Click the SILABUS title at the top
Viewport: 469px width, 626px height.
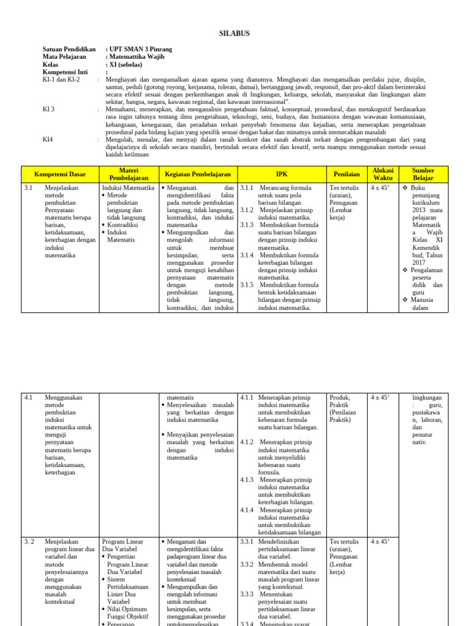coord(234,33)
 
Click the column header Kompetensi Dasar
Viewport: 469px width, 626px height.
coord(60,174)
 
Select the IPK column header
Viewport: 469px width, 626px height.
coord(281,174)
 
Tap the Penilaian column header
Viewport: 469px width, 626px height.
coord(346,174)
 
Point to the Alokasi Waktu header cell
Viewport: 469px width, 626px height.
coord(383,174)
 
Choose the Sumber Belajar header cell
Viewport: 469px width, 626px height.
coord(423,174)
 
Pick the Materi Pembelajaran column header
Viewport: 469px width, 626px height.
coord(129,174)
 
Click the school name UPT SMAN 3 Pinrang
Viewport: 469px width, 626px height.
coord(139,49)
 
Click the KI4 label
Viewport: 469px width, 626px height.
coord(48,139)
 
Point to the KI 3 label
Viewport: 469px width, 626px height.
coord(48,109)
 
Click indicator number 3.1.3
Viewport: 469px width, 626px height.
coord(247,225)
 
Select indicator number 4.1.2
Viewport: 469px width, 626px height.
coord(247,441)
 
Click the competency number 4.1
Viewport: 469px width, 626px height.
coord(29,398)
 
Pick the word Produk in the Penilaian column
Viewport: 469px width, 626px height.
coord(340,398)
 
